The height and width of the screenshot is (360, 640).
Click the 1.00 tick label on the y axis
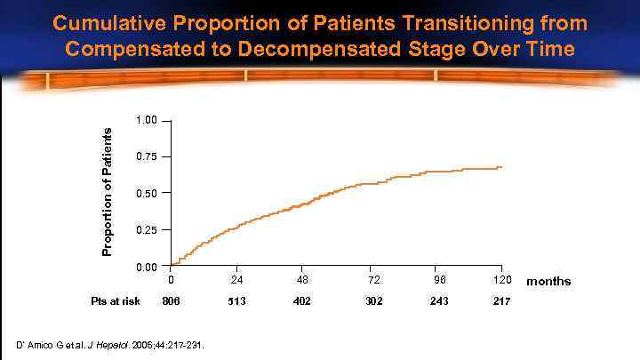pos(146,120)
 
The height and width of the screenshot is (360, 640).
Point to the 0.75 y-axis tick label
pos(146,156)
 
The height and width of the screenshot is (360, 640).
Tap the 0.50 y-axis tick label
pos(146,193)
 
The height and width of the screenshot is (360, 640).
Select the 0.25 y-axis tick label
pos(146,230)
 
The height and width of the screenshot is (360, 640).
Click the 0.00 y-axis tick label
pos(146,267)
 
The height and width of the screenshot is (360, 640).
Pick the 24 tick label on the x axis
pos(236,281)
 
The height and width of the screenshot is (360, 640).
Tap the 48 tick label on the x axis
pos(302,281)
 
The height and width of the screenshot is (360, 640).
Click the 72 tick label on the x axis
pos(369,281)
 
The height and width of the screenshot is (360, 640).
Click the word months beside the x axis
pos(548,282)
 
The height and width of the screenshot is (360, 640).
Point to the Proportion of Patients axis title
pos(108,190)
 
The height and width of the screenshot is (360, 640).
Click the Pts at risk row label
pos(116,301)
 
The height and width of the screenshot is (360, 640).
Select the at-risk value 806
pos(171,301)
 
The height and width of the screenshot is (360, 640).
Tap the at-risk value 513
pos(236,301)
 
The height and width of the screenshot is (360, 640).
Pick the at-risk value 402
pos(302,301)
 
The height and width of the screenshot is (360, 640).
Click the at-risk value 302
pos(369,301)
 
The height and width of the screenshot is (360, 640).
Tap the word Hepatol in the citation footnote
pos(147,344)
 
